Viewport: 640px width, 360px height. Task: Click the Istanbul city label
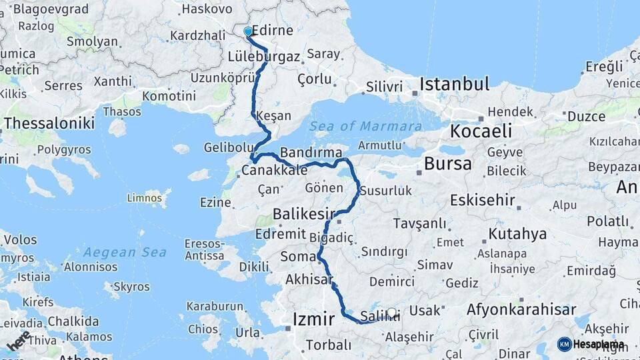click(x=455, y=84)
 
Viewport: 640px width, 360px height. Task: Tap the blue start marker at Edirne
click(x=248, y=31)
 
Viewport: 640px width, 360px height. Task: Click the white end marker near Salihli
click(x=391, y=312)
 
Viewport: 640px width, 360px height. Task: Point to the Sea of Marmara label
click(x=365, y=126)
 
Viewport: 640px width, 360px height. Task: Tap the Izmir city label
click(x=313, y=319)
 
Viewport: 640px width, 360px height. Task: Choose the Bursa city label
click(x=447, y=163)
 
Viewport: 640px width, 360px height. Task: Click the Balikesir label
click(x=303, y=214)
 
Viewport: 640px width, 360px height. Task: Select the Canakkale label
click(x=274, y=170)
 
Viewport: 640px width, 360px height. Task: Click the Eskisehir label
click(x=483, y=200)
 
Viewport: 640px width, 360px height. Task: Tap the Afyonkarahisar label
click(x=521, y=309)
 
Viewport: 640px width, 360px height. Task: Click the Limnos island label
click(x=145, y=197)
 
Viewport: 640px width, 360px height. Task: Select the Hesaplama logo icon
click(x=565, y=344)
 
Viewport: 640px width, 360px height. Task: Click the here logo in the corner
click(x=18, y=340)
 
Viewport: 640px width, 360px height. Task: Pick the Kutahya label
click(x=517, y=234)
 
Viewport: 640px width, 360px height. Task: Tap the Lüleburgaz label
click(x=264, y=57)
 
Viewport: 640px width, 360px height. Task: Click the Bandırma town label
click(x=311, y=152)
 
